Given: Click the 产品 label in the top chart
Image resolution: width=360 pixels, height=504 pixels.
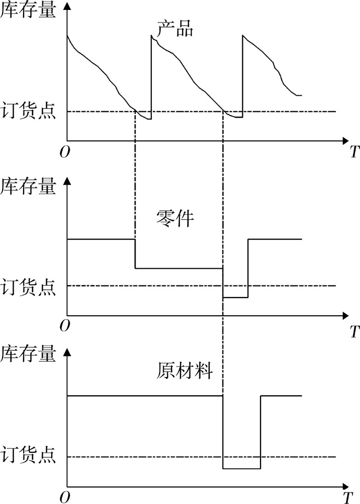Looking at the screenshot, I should [175, 30].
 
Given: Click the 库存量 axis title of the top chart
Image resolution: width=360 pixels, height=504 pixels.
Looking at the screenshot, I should [28, 10].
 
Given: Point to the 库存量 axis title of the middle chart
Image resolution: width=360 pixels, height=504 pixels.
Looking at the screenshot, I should [28, 187].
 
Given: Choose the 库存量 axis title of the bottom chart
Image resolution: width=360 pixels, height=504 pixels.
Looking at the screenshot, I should [28, 355].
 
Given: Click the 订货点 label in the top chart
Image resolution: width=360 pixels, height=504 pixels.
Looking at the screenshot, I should [28, 112].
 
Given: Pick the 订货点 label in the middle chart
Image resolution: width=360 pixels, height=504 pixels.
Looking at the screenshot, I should [28, 287].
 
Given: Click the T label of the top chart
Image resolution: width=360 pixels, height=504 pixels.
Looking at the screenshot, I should [354, 153].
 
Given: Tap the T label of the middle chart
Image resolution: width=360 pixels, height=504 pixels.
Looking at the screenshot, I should [354, 331].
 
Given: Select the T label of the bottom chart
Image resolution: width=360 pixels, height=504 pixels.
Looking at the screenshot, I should [347, 497].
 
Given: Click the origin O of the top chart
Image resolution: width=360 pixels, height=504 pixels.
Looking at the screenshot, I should [64, 152].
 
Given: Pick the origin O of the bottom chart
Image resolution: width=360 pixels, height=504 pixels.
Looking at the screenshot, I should [64, 497].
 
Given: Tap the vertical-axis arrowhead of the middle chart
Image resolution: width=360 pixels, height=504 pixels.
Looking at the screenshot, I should [67, 181].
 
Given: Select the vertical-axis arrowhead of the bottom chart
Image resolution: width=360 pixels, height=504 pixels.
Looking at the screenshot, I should [67, 351].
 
